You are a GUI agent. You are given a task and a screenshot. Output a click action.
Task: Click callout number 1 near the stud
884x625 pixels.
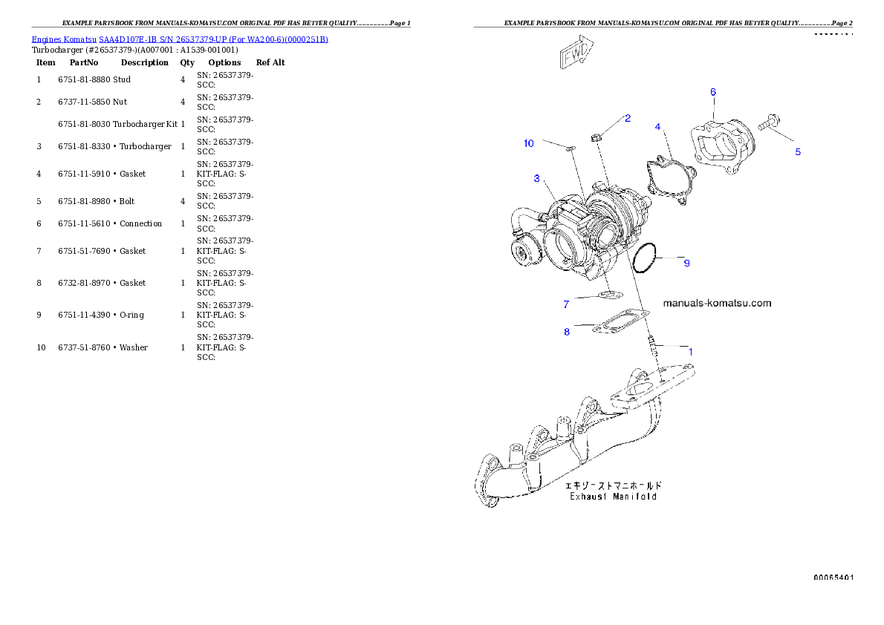pos(690,352)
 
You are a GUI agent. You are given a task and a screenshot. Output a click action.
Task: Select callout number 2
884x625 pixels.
pos(628,118)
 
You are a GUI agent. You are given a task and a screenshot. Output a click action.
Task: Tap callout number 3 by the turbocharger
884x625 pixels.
pos(536,178)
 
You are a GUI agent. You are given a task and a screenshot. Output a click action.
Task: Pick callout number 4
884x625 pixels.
pos(657,127)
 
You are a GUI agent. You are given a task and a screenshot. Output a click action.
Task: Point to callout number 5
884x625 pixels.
pos(798,152)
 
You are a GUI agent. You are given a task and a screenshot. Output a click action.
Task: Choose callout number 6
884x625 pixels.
pos(713,92)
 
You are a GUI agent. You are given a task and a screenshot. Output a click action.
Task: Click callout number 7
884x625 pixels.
pos(566,304)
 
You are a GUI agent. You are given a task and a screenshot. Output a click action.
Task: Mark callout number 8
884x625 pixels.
pos(567,332)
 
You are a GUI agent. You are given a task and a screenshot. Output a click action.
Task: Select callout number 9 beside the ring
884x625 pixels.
pos(686,263)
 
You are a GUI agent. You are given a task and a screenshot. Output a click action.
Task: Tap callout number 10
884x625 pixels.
pos(528,143)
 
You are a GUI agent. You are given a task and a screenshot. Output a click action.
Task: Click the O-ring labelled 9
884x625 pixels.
pos(644,258)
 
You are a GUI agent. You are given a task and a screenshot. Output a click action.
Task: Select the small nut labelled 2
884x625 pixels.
pos(596,137)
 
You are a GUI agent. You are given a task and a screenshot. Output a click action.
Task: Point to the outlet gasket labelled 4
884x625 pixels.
pos(671,183)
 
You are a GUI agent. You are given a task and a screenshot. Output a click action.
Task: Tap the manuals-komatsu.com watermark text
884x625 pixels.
pos(716,303)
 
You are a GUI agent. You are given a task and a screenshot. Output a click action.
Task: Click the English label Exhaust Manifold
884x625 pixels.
pos(613,497)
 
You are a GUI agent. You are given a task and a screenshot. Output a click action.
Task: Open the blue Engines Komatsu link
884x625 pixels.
pos(180,39)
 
